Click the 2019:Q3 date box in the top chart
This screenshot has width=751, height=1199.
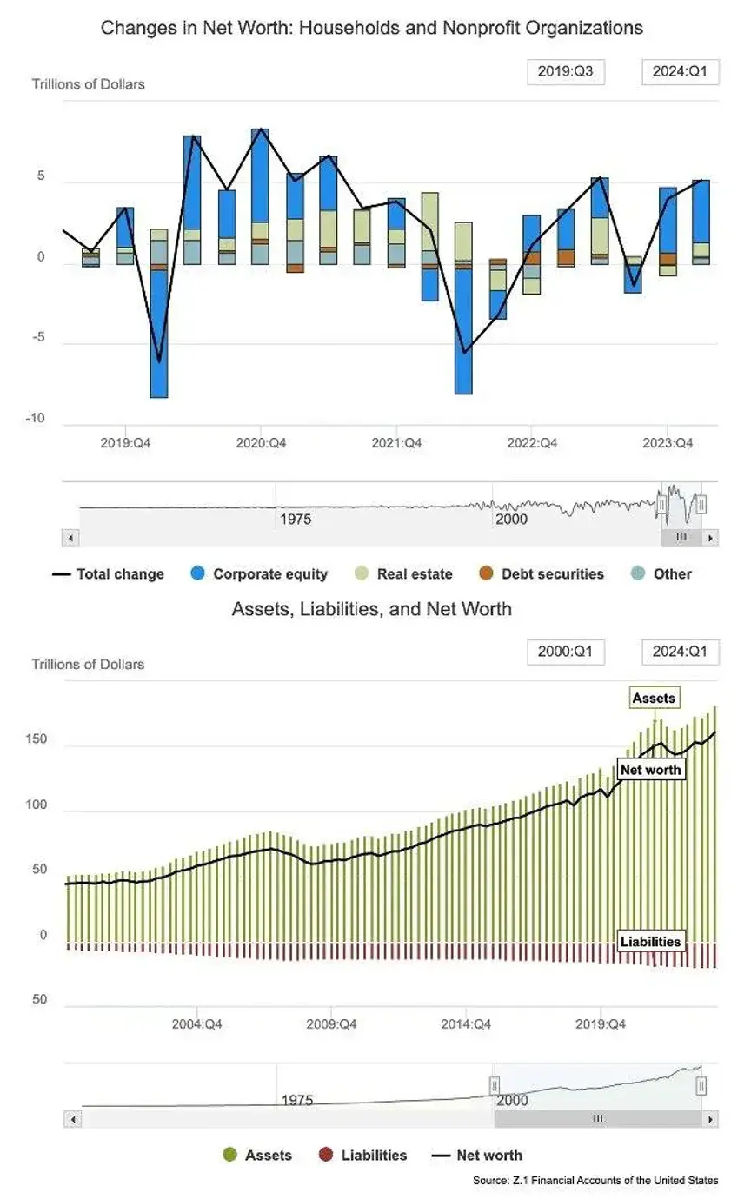[565, 71]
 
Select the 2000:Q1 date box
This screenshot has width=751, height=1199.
[565, 652]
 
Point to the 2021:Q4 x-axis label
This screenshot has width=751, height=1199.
[396, 443]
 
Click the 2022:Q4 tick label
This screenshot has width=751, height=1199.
[532, 443]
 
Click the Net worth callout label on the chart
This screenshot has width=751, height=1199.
[651, 770]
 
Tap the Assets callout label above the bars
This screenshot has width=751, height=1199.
[654, 698]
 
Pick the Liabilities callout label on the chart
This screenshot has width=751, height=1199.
[650, 941]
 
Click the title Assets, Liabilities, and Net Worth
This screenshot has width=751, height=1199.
[372, 609]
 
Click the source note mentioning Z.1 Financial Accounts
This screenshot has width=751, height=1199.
[595, 1180]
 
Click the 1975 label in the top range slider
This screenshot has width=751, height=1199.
[296, 520]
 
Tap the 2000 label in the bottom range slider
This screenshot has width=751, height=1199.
[513, 1100]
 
